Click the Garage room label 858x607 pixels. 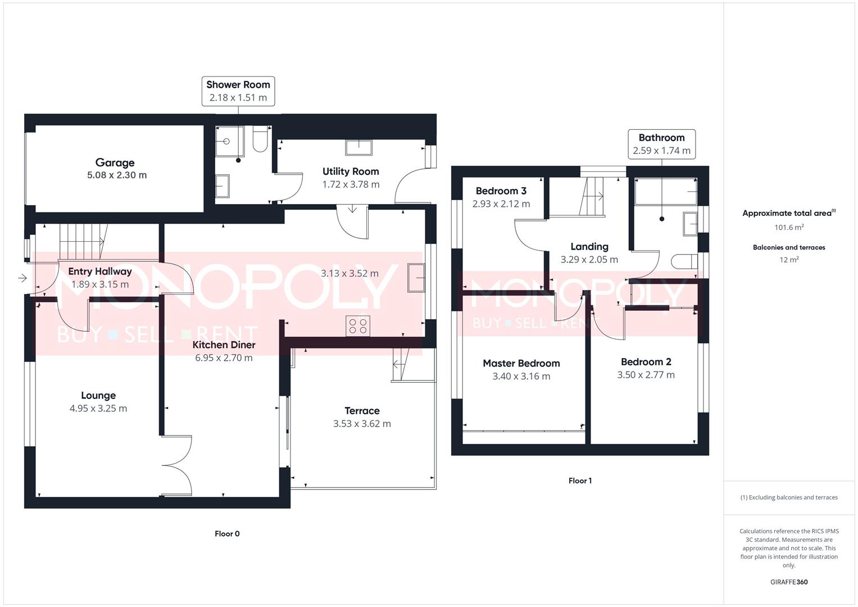[x=115, y=162]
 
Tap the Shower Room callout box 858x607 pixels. [x=238, y=91]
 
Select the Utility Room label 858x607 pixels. [x=351, y=171]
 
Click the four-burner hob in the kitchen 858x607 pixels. [x=358, y=326]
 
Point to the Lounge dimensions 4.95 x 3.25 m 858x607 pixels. [x=98, y=409]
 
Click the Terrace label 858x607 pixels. [x=362, y=411]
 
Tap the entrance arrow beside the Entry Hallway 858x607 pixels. [x=22, y=278]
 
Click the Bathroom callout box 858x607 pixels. [x=661, y=144]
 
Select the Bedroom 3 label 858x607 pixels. [x=501, y=191]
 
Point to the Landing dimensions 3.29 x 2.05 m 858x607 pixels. [x=589, y=260]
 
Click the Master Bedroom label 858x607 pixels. [x=521, y=363]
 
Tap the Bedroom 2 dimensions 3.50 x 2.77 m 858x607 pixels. [x=646, y=375]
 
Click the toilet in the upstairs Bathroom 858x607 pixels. [x=682, y=261]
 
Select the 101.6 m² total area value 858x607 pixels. [x=789, y=228]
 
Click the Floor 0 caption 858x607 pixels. [x=227, y=534]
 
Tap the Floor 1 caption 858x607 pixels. [x=580, y=481]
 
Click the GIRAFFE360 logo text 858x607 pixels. [x=789, y=582]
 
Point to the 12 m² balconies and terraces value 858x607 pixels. [x=789, y=260]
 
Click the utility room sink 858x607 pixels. [x=358, y=147]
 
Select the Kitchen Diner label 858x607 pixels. [x=224, y=345]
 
